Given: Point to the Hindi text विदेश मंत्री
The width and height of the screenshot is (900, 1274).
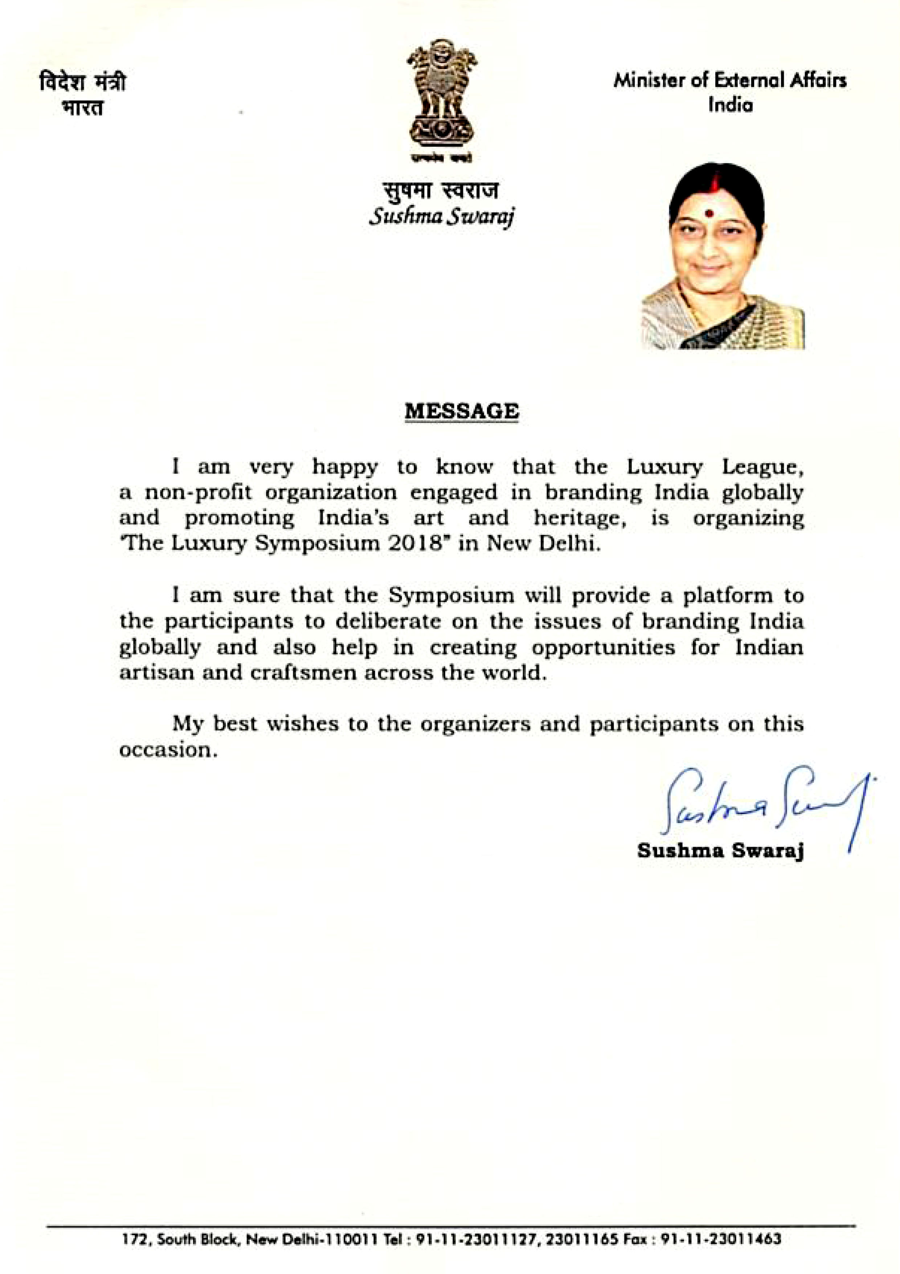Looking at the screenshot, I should tap(82, 83).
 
